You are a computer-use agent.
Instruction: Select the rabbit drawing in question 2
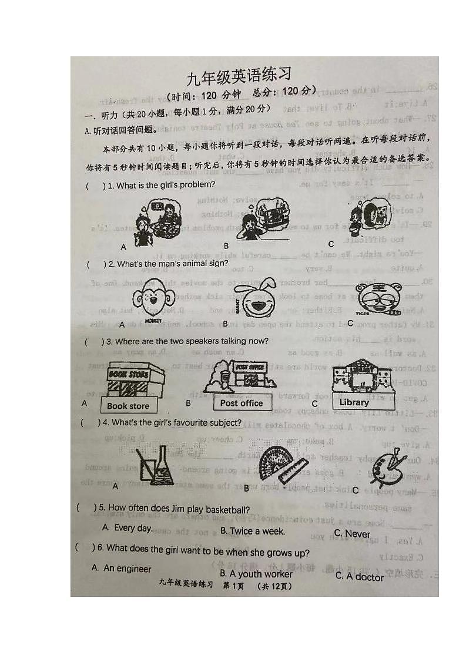click(x=253, y=298)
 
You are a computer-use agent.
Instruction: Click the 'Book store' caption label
click(x=128, y=406)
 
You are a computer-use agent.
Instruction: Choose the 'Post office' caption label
click(x=242, y=404)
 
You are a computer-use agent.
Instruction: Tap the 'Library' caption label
click(x=354, y=403)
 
